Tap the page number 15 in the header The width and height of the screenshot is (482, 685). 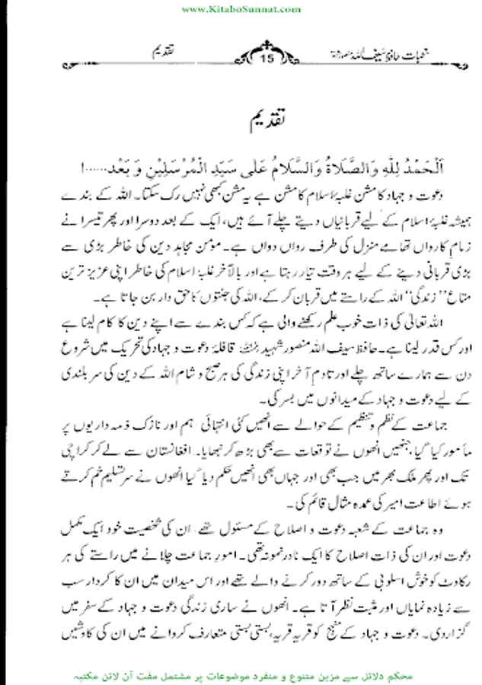coord(266,57)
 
